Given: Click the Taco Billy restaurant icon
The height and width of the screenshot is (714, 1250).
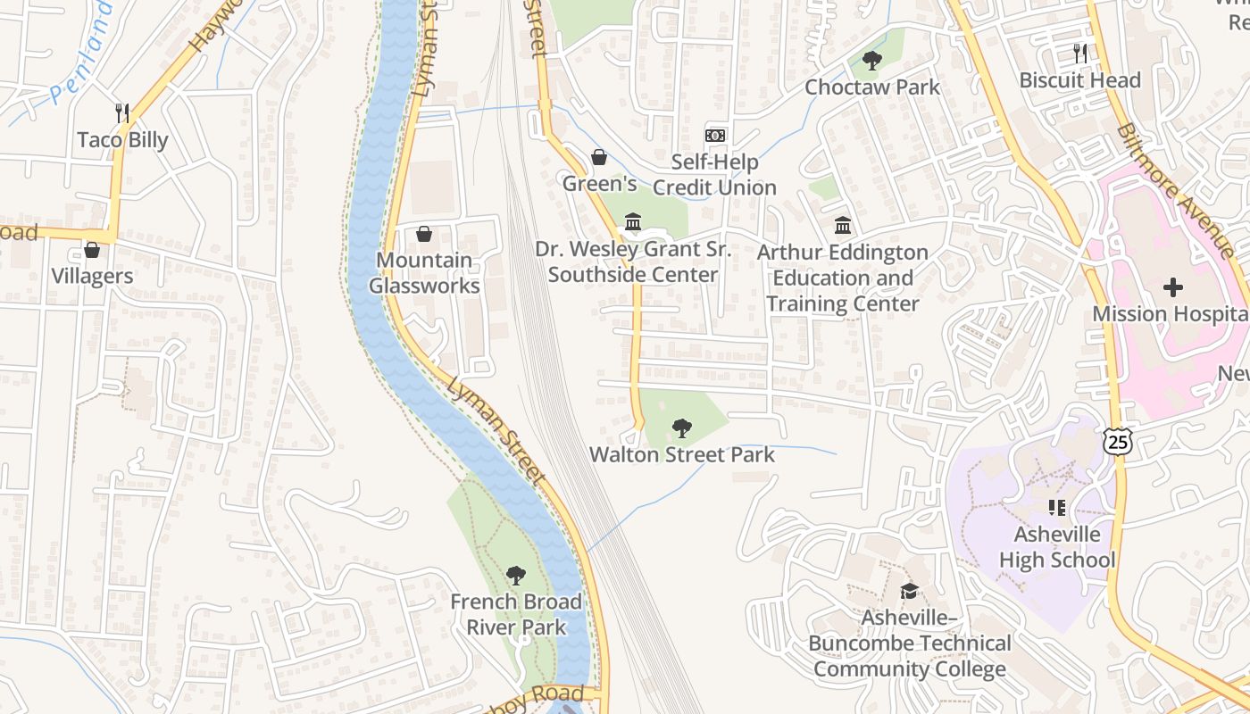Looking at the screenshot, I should click(x=123, y=113).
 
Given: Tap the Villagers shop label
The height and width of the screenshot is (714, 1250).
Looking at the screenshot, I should click(x=92, y=276).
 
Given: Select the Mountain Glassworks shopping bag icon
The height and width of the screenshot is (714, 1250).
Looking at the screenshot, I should click(x=424, y=235).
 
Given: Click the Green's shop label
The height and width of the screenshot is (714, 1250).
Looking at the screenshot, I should click(x=599, y=184).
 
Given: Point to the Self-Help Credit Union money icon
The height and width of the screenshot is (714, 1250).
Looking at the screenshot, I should click(x=715, y=136).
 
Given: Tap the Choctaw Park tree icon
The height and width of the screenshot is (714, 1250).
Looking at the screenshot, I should click(x=872, y=62).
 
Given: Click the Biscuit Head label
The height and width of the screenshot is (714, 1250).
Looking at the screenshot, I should click(x=1079, y=80).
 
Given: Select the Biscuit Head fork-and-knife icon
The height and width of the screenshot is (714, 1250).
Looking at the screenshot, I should click(x=1080, y=54).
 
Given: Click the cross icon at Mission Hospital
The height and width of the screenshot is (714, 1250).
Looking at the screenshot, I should click(x=1173, y=287).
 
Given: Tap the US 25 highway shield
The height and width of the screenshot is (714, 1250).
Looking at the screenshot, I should click(x=1117, y=440).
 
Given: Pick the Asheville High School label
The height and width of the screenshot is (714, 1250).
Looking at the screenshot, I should click(x=1057, y=547).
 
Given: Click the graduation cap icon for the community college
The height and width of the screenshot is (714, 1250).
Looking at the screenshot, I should click(x=909, y=591).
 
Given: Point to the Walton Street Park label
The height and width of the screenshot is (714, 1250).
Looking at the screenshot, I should click(x=682, y=454).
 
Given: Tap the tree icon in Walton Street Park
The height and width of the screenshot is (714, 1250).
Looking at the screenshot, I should click(x=682, y=428).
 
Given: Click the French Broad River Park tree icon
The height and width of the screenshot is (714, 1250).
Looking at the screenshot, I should click(x=515, y=576).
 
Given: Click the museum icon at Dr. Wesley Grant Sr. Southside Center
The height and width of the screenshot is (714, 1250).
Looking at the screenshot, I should click(x=633, y=221).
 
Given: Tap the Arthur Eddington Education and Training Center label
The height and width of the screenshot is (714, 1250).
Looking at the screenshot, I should click(x=842, y=278).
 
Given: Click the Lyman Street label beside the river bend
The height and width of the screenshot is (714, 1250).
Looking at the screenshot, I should click(x=496, y=430).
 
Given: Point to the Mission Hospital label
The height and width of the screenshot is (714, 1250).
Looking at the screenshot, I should click(x=1170, y=314).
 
